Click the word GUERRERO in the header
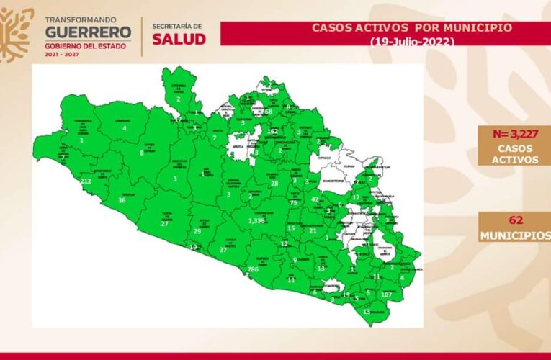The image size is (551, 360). click(x=89, y=32)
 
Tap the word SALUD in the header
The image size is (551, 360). click(x=179, y=39)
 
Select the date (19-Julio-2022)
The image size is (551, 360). click(x=412, y=42)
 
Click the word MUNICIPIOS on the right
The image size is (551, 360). click(x=516, y=236)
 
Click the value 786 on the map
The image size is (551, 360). click(x=253, y=269)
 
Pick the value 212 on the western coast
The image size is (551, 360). click(x=86, y=181)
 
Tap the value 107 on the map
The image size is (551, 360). click(x=387, y=294)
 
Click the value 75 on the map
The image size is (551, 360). click(x=293, y=203)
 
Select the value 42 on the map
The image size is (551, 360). click(x=315, y=199)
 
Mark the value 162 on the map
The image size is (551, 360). click(x=273, y=131)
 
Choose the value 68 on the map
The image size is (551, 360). click(x=267, y=112)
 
